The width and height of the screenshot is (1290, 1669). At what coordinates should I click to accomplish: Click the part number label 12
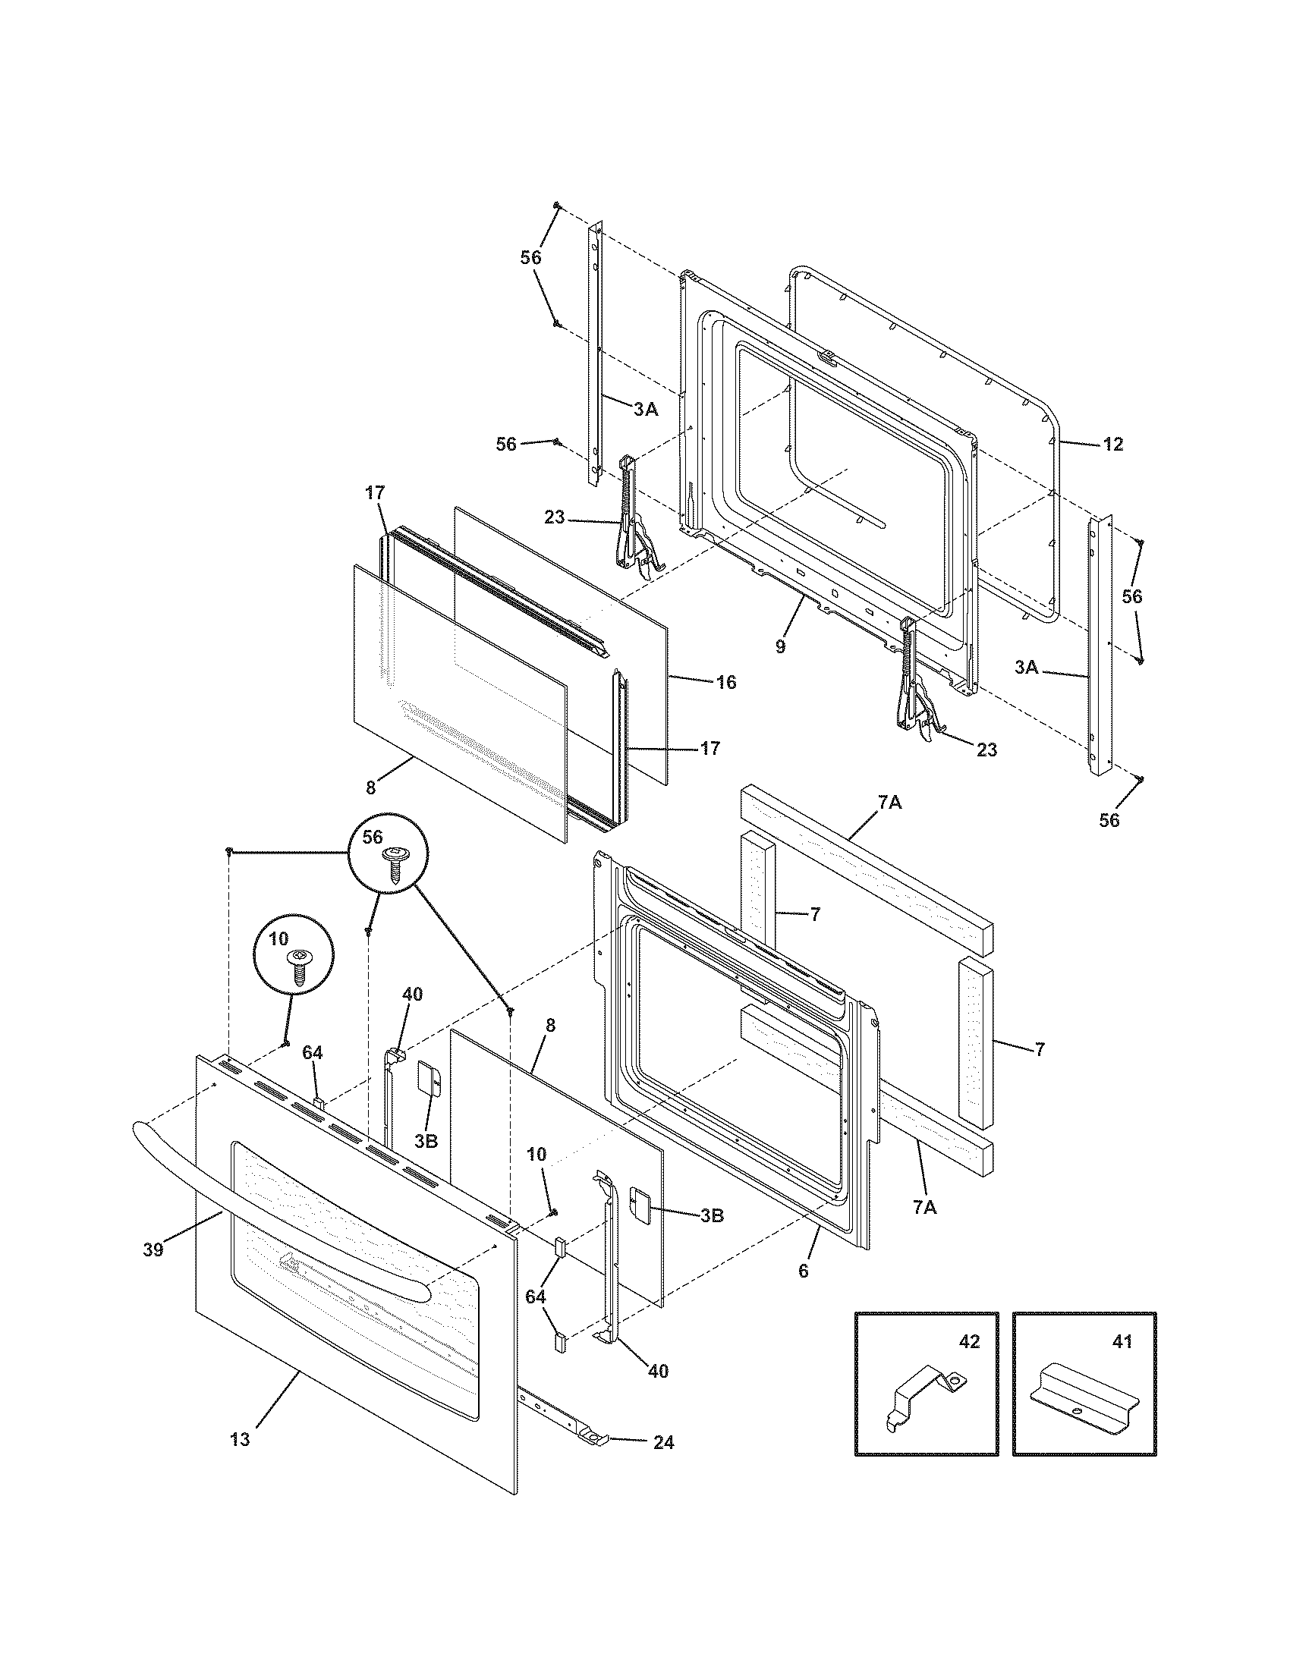[x=1113, y=444]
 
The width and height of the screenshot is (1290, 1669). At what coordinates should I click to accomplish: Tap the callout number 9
[x=779, y=646]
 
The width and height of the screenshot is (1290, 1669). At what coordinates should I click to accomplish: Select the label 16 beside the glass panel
[x=726, y=682]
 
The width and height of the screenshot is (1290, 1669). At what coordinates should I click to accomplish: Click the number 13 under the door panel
[x=239, y=1440]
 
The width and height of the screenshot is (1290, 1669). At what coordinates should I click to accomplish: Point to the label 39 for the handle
[x=153, y=1250]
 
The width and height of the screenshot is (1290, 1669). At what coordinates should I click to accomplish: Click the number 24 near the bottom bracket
[x=663, y=1443]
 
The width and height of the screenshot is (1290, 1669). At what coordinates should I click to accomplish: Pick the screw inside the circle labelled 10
[x=299, y=966]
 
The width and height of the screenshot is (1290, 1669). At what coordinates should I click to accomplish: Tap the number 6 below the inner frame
[x=802, y=1271]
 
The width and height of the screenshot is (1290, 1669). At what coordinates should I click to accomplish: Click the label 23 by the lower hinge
[x=986, y=750]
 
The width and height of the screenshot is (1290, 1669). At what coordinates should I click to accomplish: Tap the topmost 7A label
[x=889, y=803]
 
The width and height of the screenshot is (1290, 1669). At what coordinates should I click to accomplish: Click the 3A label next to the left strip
[x=646, y=410]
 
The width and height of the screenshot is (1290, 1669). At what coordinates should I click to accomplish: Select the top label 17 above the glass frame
[x=374, y=493]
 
